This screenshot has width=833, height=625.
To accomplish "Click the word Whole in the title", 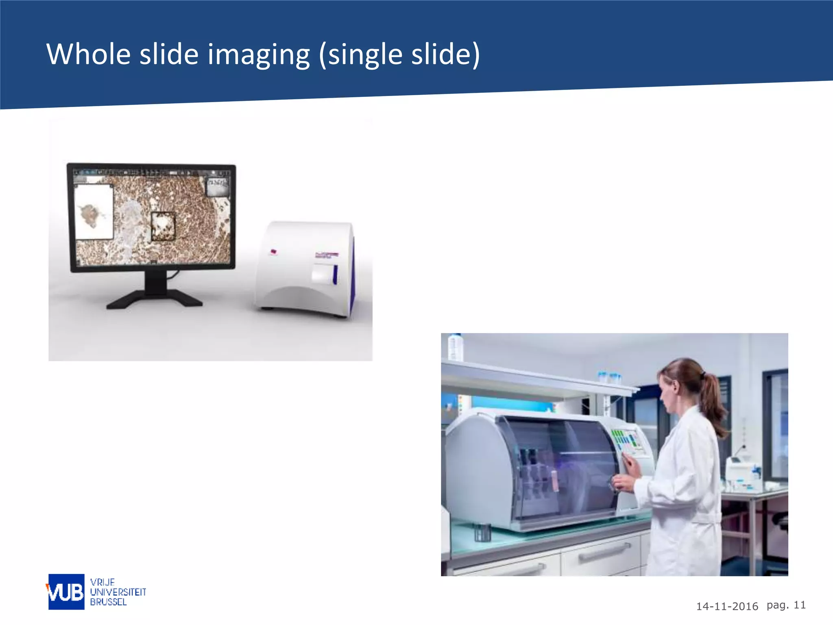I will click(x=88, y=54).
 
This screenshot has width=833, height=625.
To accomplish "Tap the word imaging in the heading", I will click(x=259, y=55).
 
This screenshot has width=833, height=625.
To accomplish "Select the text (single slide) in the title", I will click(x=399, y=55).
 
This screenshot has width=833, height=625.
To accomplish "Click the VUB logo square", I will click(x=66, y=592).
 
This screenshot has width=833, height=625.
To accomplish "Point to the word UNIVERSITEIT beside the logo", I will click(x=118, y=592).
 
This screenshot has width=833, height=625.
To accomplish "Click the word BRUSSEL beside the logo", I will click(x=108, y=602).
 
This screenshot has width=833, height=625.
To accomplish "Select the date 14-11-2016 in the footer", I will click(x=727, y=606).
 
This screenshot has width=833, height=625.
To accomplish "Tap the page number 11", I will click(x=800, y=605).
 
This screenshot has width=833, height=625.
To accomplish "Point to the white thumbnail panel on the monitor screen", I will click(x=94, y=212).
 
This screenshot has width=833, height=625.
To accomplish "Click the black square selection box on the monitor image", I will click(x=163, y=226).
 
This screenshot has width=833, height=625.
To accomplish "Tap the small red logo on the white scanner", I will click(x=274, y=251).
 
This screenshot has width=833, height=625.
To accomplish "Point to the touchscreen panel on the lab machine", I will click(x=628, y=441).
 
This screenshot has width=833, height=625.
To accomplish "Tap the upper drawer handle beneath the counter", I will click(x=604, y=552).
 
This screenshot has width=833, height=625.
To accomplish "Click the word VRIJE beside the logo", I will click(x=102, y=582).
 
